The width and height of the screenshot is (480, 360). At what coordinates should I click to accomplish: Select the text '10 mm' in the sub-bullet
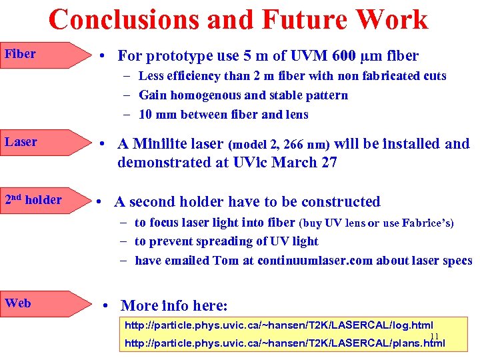[156, 115]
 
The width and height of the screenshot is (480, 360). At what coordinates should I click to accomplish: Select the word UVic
[274, 163]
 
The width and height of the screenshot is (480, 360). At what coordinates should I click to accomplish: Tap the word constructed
[341, 202]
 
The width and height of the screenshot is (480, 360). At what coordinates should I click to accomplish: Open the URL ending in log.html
[279, 325]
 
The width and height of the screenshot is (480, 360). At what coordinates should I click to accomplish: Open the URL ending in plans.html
[285, 343]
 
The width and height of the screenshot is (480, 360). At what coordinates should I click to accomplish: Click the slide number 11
[434, 337]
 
